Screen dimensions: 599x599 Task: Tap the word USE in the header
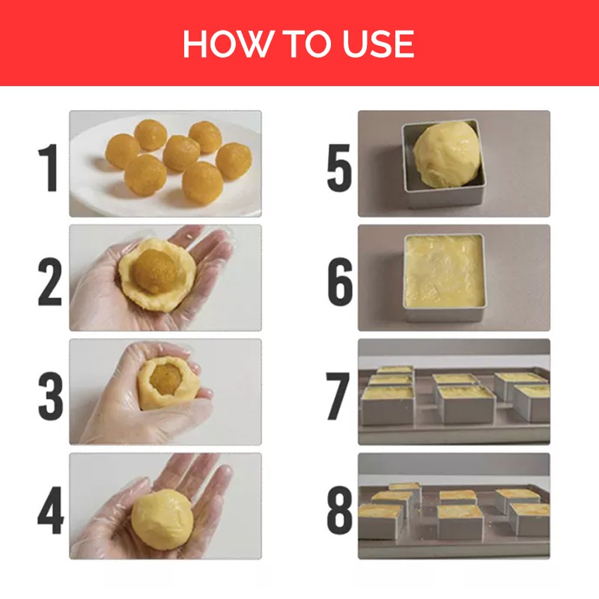[x=378, y=43]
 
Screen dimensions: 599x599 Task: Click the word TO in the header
[x=306, y=43]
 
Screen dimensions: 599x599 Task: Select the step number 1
[x=49, y=167]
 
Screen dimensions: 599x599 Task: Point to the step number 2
[x=49, y=282]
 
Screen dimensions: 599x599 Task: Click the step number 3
[x=50, y=396]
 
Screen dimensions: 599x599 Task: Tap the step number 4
[x=50, y=510]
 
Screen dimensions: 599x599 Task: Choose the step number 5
[x=339, y=168]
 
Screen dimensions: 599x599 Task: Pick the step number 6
[x=340, y=282]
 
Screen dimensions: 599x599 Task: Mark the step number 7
[x=338, y=396]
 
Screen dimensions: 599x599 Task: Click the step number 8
[x=340, y=510]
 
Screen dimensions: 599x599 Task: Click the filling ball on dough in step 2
[x=156, y=271]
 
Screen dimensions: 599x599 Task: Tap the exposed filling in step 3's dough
[x=166, y=378]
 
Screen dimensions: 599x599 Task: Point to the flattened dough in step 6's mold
[x=444, y=271]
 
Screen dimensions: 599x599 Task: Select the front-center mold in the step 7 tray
[x=466, y=404]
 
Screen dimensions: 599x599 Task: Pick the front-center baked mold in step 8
[x=460, y=521]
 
